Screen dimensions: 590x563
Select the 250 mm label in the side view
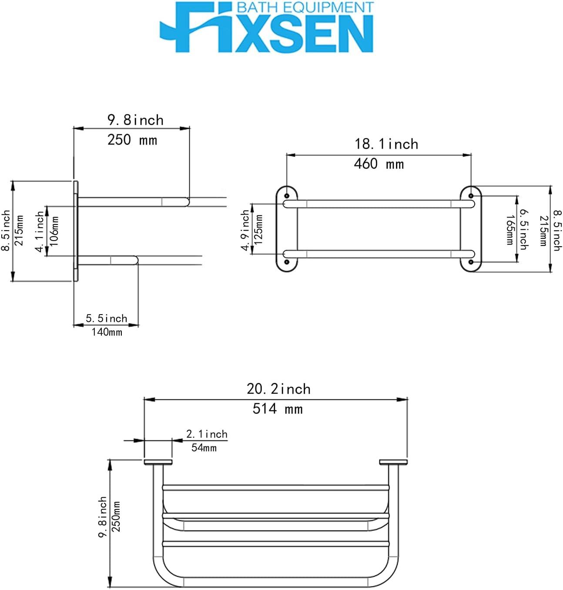click(132, 140)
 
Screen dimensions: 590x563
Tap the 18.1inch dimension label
click(386, 144)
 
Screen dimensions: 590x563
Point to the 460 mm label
click(379, 164)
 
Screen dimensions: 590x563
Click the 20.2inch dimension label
click(278, 389)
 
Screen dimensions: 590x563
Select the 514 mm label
click(277, 409)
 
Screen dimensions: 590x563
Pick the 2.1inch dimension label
click(207, 434)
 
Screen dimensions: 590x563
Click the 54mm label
click(204, 447)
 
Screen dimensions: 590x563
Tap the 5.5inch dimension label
click(106, 318)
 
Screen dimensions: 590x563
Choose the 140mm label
click(107, 332)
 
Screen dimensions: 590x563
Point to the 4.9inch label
click(246, 230)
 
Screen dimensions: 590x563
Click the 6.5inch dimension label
click(524, 229)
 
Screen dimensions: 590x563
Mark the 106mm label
click(54, 231)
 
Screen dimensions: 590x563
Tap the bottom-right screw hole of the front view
click(471, 262)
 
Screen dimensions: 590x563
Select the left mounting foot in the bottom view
click(158, 462)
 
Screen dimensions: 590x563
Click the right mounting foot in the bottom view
click(393, 462)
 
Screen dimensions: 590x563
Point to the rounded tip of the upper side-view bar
click(187, 201)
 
